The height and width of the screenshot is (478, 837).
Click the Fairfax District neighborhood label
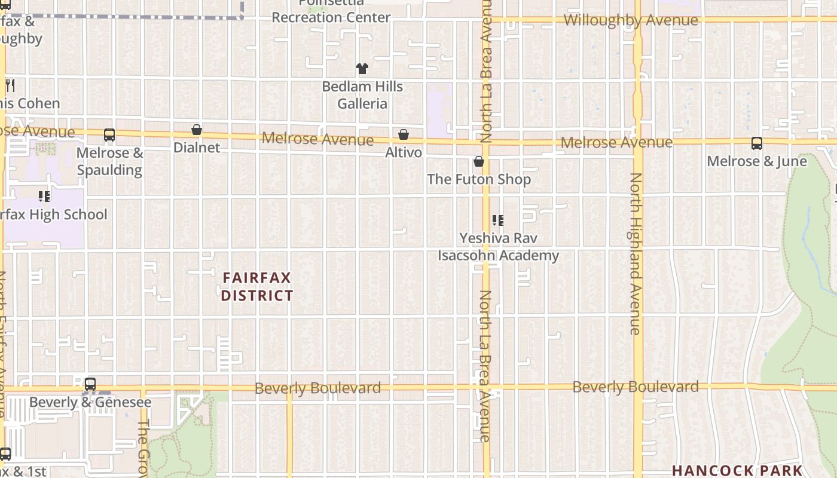pyautogui.click(x=257, y=287)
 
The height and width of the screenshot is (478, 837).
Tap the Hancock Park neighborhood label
pyautogui.click(x=736, y=470)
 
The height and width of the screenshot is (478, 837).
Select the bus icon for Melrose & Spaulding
pyautogui.click(x=109, y=135)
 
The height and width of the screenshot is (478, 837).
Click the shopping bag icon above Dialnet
pyautogui.click(x=196, y=130)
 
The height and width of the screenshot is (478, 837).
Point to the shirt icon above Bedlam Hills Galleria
pyautogui.click(x=362, y=69)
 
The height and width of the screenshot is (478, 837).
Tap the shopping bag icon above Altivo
pyautogui.click(x=404, y=134)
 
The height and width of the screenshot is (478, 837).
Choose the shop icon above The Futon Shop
pyautogui.click(x=478, y=161)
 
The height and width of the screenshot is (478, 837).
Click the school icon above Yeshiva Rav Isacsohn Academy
pyautogui.click(x=497, y=220)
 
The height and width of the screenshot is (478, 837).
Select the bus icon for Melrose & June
pyautogui.click(x=756, y=143)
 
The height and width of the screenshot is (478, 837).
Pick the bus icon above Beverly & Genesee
pyautogui.click(x=90, y=384)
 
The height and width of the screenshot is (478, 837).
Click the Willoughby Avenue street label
pyautogui.click(x=630, y=20)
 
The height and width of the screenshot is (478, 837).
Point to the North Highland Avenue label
pyautogui.click(x=636, y=253)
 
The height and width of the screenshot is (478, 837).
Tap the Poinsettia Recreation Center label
pyautogui.click(x=331, y=13)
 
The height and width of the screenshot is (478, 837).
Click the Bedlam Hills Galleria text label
pyautogui.click(x=362, y=95)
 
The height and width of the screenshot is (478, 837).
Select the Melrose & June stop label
pyautogui.click(x=756, y=161)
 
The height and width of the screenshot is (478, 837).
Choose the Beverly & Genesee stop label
pyautogui.click(x=90, y=402)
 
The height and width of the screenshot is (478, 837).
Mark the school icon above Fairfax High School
pyautogui.click(x=44, y=196)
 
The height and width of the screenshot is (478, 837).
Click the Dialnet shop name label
pyautogui.click(x=197, y=147)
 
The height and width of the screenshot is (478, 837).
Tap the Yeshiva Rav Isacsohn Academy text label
pyautogui.click(x=498, y=247)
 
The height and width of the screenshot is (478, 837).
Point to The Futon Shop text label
pyautogui.click(x=478, y=179)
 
